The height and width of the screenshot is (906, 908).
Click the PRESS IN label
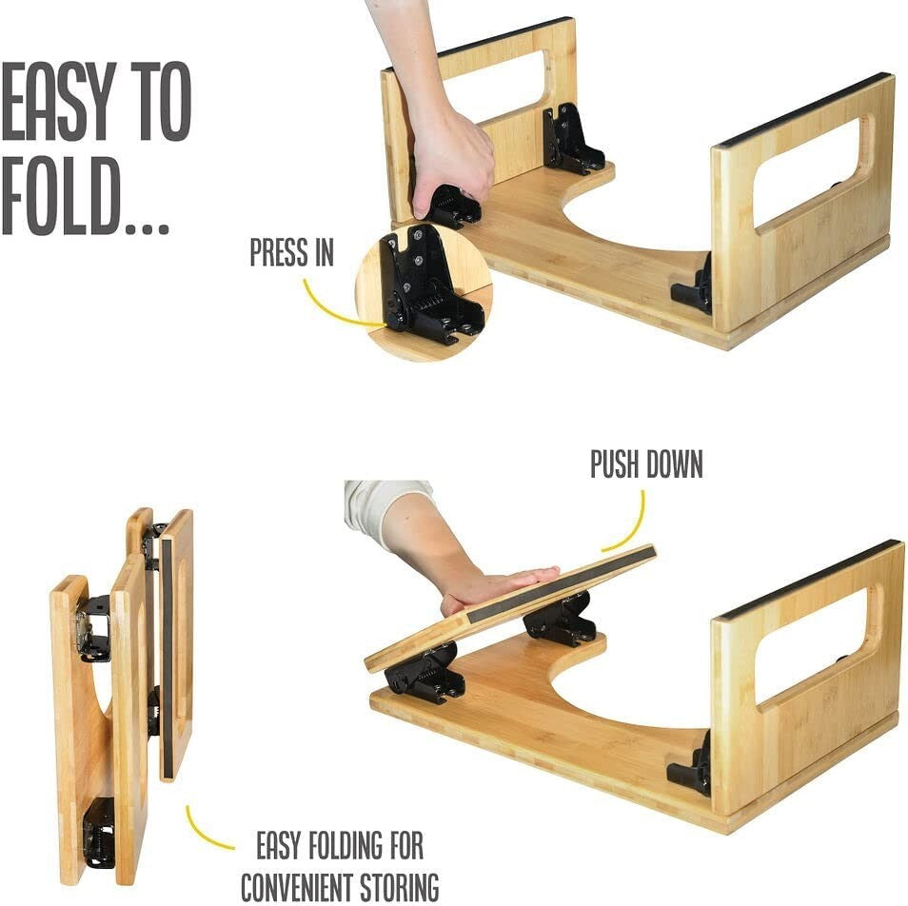(x=291, y=253)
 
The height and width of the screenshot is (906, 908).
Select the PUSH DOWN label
(x=646, y=465)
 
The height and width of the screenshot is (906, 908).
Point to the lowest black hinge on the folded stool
(x=97, y=832)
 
